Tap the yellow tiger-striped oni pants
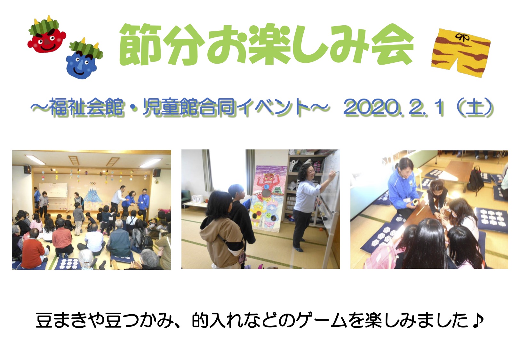(x=460, y=52)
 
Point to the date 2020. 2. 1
(x=394, y=107)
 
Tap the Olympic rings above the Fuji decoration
(x=92, y=183)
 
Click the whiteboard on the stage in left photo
(x=53, y=190)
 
